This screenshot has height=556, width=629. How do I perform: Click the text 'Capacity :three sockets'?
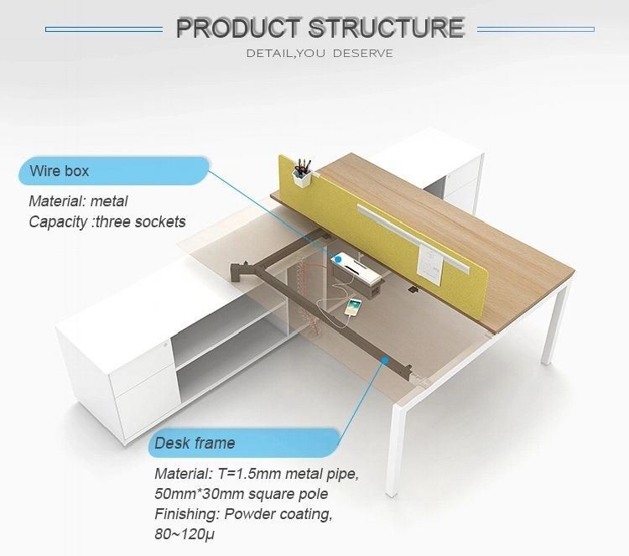coord(107,221)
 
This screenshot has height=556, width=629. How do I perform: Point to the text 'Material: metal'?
coord(78,201)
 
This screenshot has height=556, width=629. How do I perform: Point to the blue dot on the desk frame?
coord(385,359)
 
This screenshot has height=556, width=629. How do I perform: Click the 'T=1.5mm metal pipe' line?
coord(256,474)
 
